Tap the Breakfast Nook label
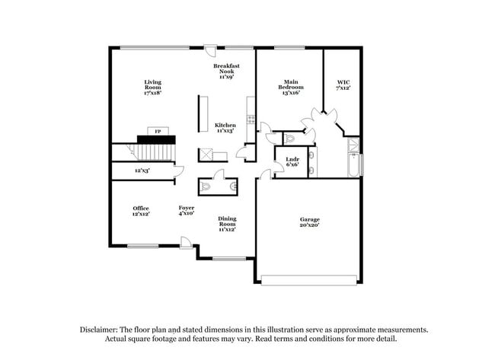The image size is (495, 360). (x=226, y=72)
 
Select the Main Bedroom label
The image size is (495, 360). (x=290, y=87)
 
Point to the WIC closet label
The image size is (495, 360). (x=343, y=84)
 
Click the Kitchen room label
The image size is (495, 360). (x=225, y=127)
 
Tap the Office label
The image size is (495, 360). (x=141, y=211)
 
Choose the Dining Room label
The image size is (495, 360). (x=227, y=224)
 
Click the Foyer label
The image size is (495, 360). (x=187, y=211)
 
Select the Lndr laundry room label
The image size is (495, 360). (x=292, y=161)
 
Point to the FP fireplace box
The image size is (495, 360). (x=158, y=132)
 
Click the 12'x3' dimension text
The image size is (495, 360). (x=142, y=170)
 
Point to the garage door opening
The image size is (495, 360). (x=308, y=277)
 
